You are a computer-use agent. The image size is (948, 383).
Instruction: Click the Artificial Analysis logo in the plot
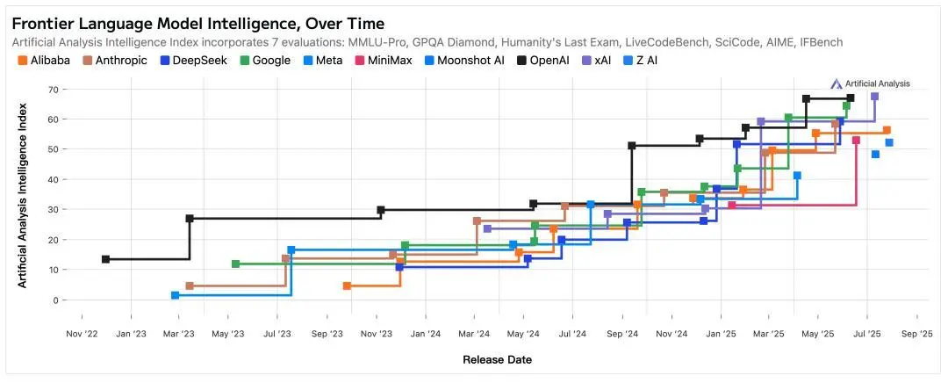(x=870, y=83)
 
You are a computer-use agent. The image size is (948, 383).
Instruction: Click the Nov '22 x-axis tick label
(x=83, y=334)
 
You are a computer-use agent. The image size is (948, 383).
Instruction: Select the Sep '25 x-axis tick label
(x=916, y=334)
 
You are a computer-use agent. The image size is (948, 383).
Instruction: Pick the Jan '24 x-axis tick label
(x=426, y=334)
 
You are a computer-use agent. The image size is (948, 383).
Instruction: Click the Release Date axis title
(x=497, y=359)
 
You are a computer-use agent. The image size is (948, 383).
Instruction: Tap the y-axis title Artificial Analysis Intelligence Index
(x=23, y=194)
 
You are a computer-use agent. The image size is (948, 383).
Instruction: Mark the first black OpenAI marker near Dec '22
(x=105, y=259)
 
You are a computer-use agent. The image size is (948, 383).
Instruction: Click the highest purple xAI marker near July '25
(x=874, y=96)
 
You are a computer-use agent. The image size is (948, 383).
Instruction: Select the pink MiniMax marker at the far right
(x=856, y=141)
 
